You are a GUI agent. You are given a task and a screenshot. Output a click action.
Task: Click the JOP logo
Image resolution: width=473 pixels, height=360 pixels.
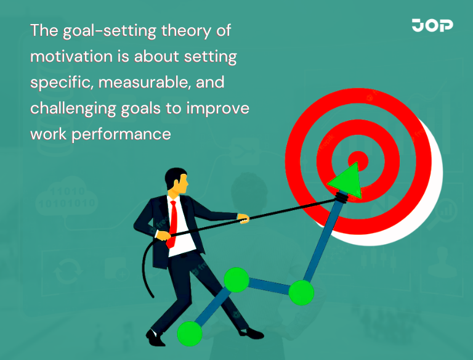(x=432, y=25)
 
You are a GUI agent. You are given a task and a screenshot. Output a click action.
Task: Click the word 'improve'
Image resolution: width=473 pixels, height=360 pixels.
(x=219, y=108)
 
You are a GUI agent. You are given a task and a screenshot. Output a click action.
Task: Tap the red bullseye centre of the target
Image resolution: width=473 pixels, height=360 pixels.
(x=358, y=162)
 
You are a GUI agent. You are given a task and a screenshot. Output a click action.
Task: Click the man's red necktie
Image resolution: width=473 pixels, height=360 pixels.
(x=174, y=222)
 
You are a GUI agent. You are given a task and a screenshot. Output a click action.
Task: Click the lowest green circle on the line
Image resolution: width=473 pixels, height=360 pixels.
(x=189, y=333)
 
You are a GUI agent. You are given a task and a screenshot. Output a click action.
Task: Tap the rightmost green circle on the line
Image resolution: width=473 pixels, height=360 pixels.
(x=301, y=292)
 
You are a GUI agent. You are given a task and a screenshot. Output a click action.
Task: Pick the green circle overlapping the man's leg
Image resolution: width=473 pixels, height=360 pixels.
(x=236, y=280)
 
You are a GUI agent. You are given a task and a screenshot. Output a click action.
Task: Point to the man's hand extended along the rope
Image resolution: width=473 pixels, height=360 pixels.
(x=243, y=218)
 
